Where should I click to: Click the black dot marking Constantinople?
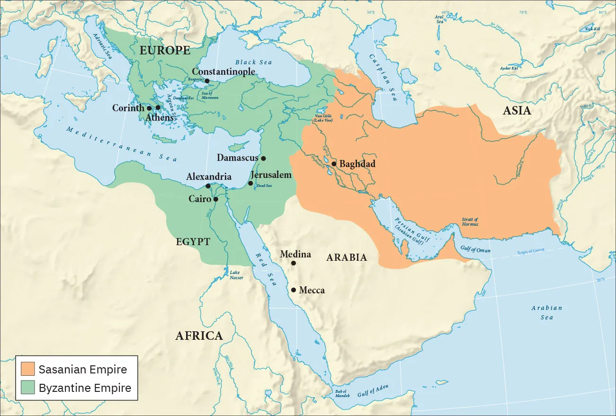tap(207, 81)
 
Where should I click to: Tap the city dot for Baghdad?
tap(334, 164)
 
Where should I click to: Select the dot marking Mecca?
tap(294, 290)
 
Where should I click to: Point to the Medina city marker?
tap(294, 263)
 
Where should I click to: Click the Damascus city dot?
tap(263, 158)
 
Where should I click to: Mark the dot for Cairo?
tap(216, 199)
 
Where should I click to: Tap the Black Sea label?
tap(253, 62)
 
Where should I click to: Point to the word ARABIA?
tap(347, 257)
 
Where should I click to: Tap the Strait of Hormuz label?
tap(470, 221)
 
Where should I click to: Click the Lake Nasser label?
tap(236, 275)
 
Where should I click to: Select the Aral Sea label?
tap(439, 19)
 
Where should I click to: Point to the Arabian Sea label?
tap(546, 312)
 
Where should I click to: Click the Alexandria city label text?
tap(209, 177)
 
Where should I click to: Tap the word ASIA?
tap(517, 111)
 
